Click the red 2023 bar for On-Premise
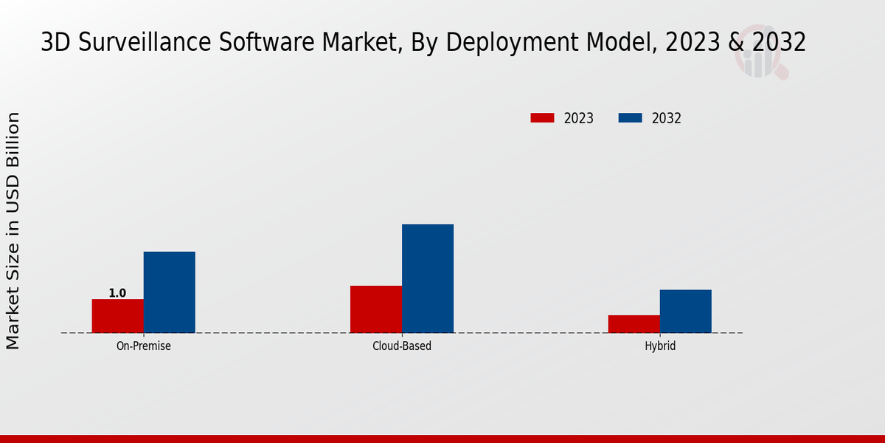pyautogui.click(x=117, y=316)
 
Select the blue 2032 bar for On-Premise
pyautogui.click(x=169, y=292)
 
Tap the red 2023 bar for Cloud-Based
pyautogui.click(x=376, y=309)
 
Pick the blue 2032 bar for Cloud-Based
pyautogui.click(x=428, y=278)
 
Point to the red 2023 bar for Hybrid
pyautogui.click(x=634, y=324)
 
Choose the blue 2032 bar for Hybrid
pyautogui.click(x=686, y=311)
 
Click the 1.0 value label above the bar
pyautogui.click(x=117, y=293)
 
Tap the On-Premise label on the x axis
pyautogui.click(x=144, y=346)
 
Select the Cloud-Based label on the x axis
pyautogui.click(x=402, y=346)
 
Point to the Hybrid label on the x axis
pyautogui.click(x=660, y=346)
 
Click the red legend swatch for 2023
pyautogui.click(x=542, y=118)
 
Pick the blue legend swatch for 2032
pyautogui.click(x=630, y=118)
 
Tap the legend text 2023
pyautogui.click(x=579, y=118)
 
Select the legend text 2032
pyautogui.click(x=667, y=118)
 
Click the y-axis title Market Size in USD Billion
pyautogui.click(x=13, y=230)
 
